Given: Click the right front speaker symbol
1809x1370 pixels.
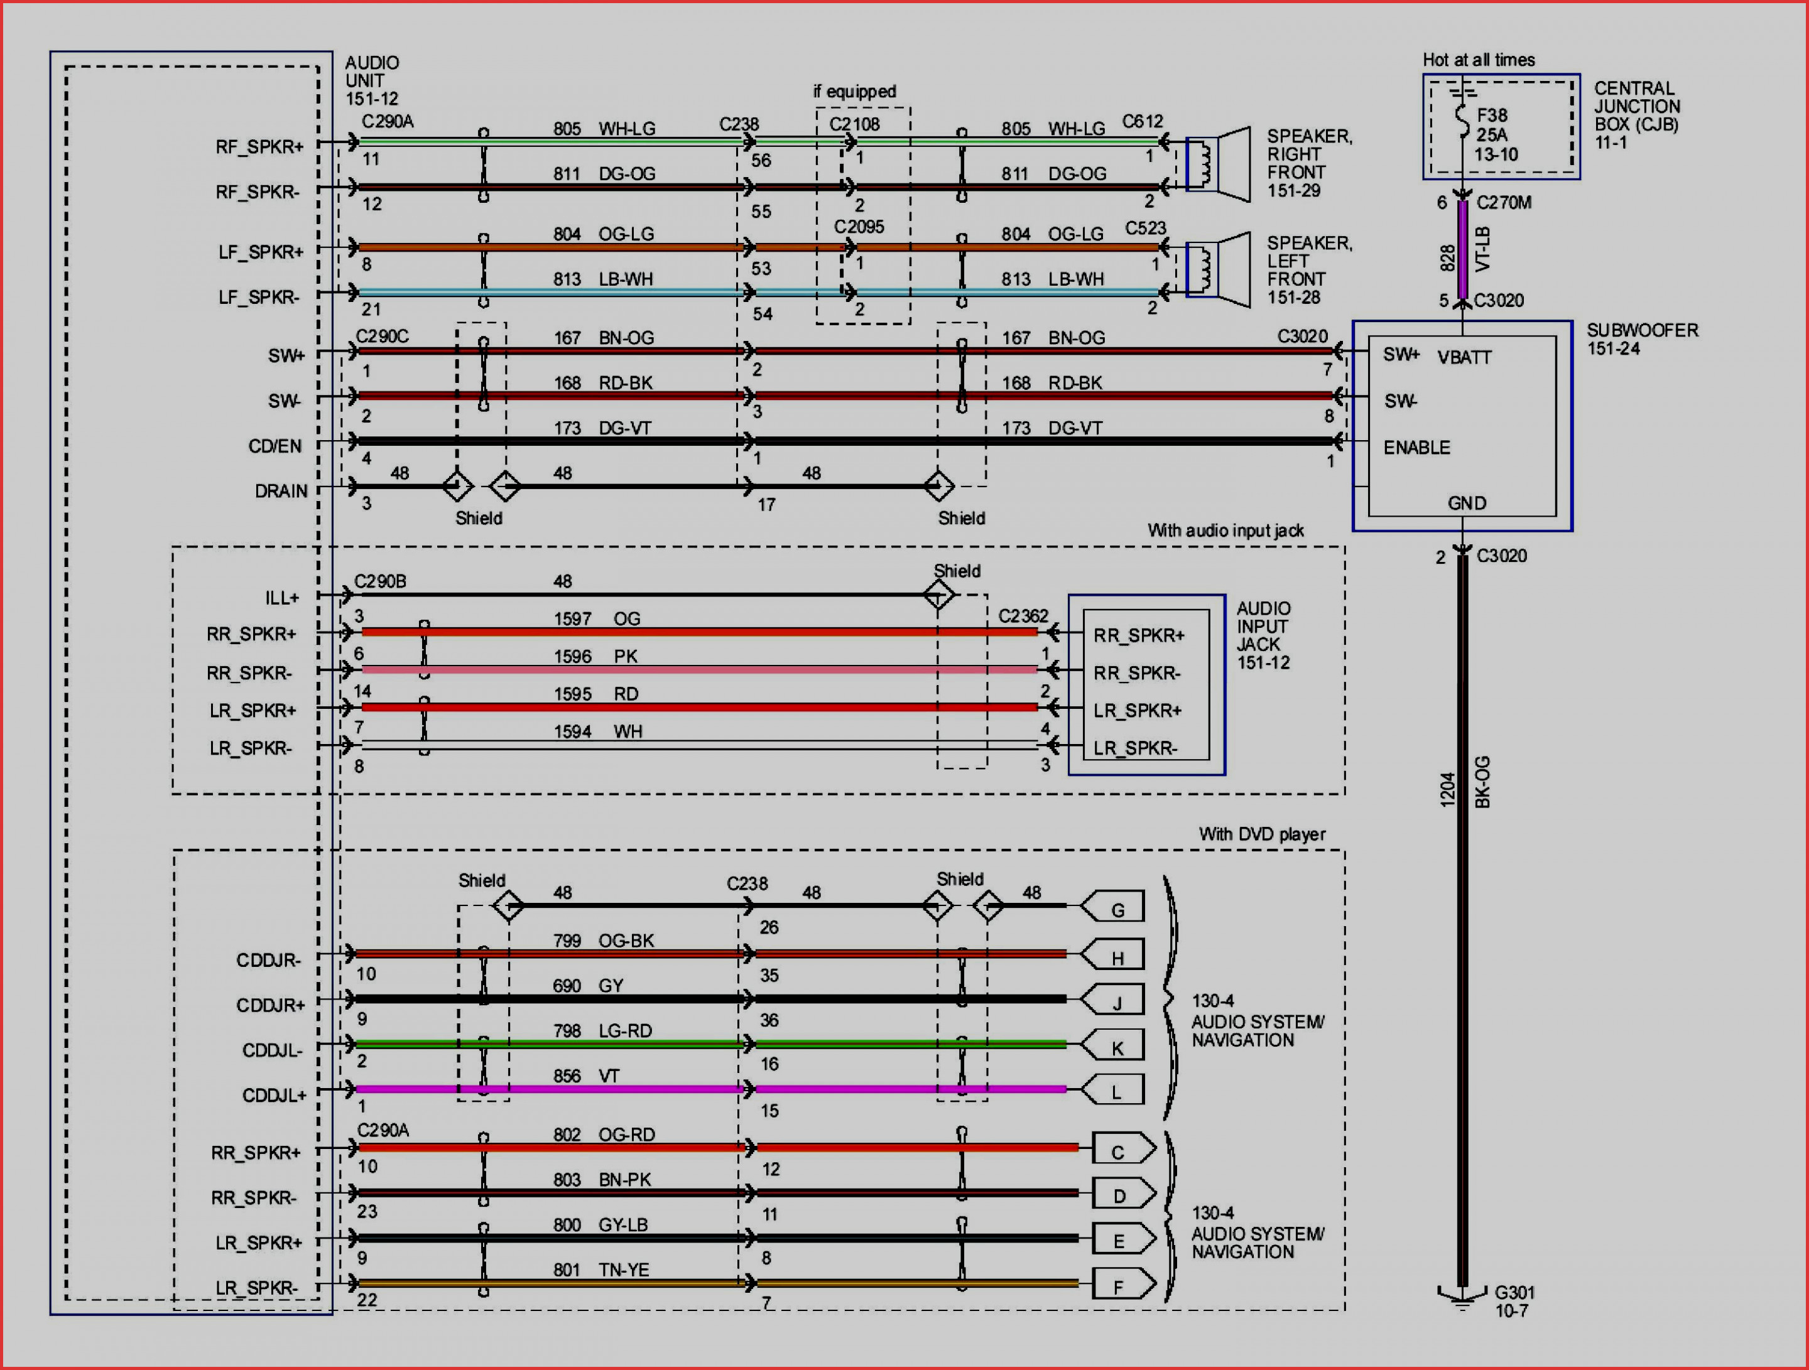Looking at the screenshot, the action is pos(1218,165).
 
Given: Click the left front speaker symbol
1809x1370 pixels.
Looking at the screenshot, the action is pos(1218,271).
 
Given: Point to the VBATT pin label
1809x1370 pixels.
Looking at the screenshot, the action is pos(1464,357).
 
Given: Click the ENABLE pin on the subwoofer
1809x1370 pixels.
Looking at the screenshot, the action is pos(1416,447).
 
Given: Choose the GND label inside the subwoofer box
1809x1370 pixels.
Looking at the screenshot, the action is pos(1466,503).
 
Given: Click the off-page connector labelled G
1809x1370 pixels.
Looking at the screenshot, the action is pos(1112,907).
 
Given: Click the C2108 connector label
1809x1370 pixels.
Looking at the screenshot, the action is pos(855,124).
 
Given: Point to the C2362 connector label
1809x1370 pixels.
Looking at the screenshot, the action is pos(1023,615).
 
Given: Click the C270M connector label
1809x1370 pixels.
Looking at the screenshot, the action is pos(1504,202).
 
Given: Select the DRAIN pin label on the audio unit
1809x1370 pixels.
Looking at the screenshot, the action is pos(281,490).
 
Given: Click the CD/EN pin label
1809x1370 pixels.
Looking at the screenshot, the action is pos(274,446).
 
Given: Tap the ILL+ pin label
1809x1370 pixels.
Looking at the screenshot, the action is pos(281,598).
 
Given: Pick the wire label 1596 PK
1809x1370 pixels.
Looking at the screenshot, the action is pos(595,655).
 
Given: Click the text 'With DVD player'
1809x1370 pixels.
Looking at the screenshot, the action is pos(1262,834).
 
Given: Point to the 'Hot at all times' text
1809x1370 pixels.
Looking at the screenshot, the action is pos(1479,60).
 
